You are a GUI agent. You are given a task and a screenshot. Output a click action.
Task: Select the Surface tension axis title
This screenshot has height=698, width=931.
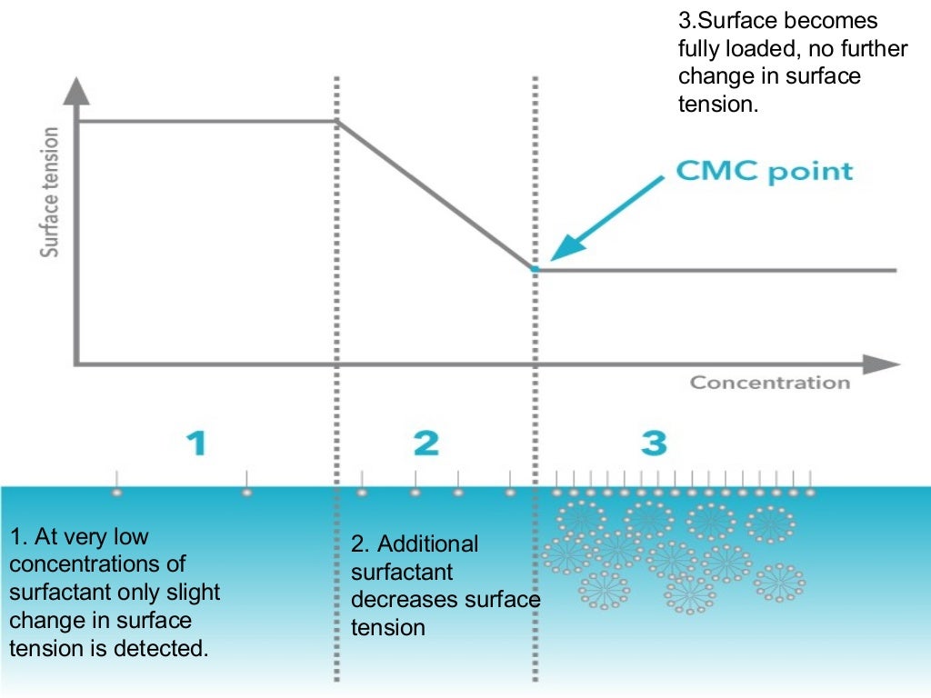[50, 192]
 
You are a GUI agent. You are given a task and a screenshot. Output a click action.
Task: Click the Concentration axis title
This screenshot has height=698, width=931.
[769, 383]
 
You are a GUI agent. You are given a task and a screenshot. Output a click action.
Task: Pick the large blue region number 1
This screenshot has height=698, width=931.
[196, 443]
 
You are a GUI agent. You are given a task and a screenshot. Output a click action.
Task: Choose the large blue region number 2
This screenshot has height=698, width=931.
[425, 443]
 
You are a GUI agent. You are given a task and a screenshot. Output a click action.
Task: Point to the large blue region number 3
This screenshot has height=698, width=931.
[654, 443]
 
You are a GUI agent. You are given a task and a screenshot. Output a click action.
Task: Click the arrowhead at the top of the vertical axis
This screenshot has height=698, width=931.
[79, 91]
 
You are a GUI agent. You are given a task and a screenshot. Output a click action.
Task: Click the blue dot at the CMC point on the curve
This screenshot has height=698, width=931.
[535, 269]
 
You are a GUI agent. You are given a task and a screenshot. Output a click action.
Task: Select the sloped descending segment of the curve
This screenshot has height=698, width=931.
[435, 194]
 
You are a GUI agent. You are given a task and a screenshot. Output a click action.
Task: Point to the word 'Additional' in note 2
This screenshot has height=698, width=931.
[427, 544]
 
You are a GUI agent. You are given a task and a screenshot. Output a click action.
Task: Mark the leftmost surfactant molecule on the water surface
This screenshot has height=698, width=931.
[116, 491]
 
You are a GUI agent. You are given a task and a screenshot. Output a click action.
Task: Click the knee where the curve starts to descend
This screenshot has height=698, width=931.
[337, 122]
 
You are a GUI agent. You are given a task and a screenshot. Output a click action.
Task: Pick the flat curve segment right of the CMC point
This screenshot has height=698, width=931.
[718, 270]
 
